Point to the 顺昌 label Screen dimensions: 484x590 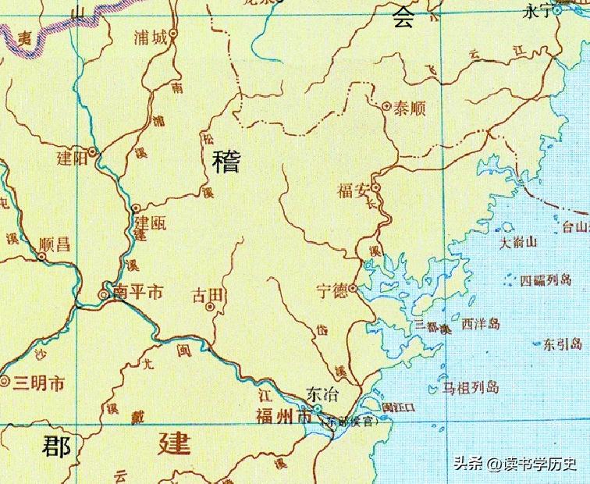54,244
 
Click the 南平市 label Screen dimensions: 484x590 137,293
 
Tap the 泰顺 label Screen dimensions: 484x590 409,109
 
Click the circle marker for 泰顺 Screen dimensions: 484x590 387,105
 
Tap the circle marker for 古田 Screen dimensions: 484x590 209,308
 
